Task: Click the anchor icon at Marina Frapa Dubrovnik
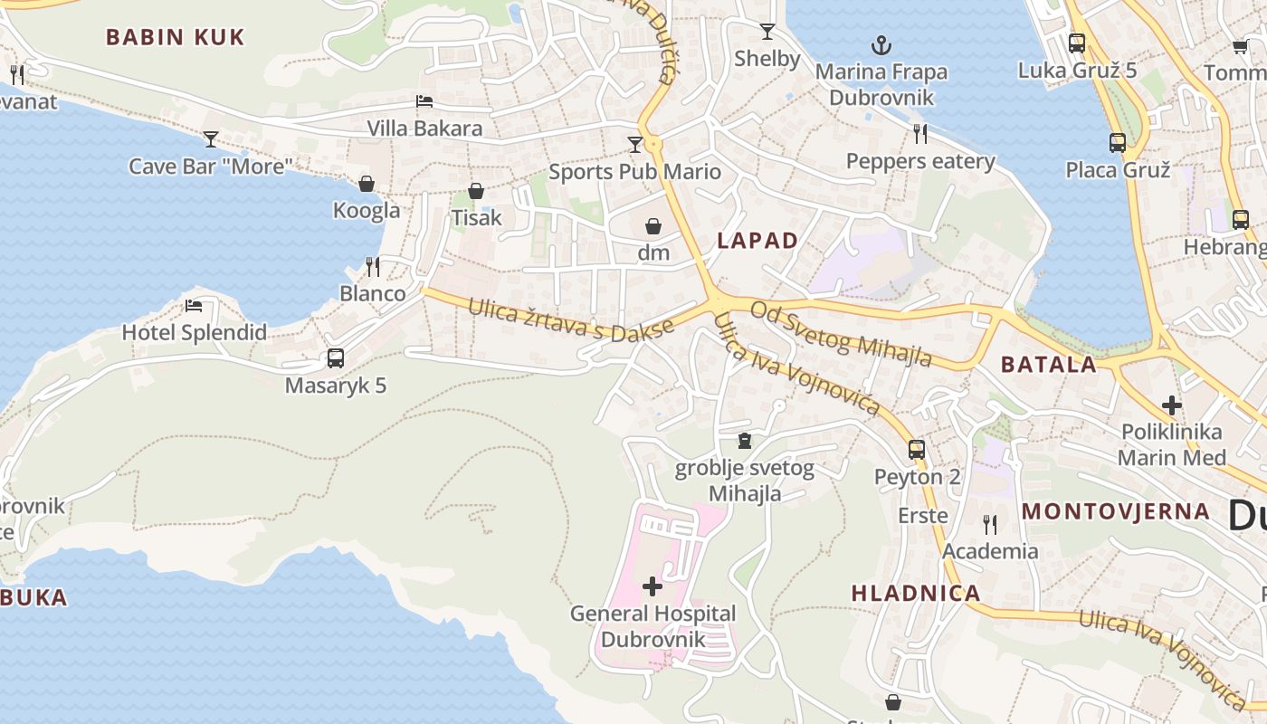(x=881, y=44)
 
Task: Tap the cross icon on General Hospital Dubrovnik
(x=652, y=586)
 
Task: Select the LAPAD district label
(x=757, y=241)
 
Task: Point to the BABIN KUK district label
(x=176, y=37)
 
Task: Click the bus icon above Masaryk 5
(x=336, y=358)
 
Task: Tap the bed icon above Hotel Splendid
(x=194, y=306)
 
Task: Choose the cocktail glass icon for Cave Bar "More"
(x=211, y=138)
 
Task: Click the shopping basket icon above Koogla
(x=367, y=184)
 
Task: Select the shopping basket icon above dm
(x=653, y=226)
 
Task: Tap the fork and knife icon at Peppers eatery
(x=920, y=134)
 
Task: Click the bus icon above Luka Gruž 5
(x=1077, y=43)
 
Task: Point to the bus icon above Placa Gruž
(x=1118, y=142)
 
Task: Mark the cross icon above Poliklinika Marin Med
(x=1172, y=405)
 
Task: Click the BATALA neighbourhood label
(x=1049, y=365)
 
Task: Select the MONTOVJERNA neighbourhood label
(x=1116, y=511)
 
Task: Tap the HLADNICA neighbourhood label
(x=916, y=594)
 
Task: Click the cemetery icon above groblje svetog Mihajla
(x=745, y=441)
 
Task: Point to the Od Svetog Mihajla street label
(x=841, y=334)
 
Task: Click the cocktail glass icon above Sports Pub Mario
(x=635, y=144)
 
